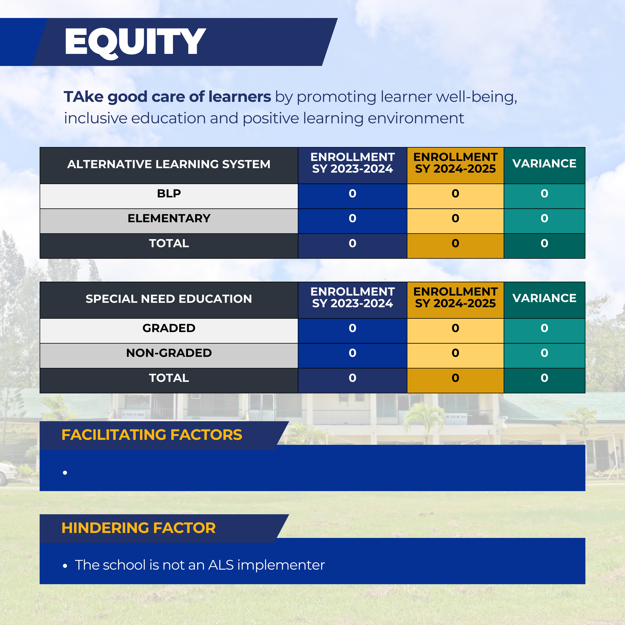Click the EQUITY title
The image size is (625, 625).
click(135, 42)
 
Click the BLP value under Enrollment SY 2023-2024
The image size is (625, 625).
click(352, 194)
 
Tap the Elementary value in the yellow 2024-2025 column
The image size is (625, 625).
click(455, 218)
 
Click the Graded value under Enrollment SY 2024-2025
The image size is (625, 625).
click(455, 328)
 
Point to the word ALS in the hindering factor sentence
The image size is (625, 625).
click(221, 565)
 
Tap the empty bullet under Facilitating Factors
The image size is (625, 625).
click(65, 473)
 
